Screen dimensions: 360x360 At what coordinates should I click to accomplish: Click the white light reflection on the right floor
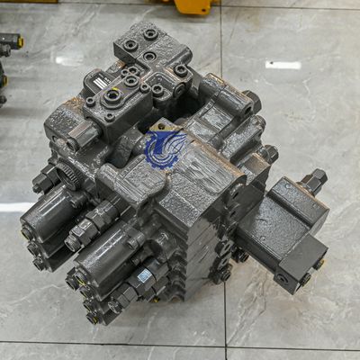coord(283,65)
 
